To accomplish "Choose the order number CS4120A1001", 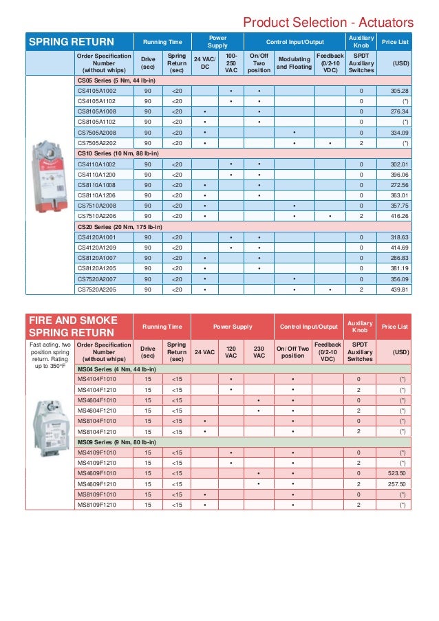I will tap(96, 237).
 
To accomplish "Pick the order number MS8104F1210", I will tap(96, 431).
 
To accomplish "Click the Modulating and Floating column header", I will tap(294, 63).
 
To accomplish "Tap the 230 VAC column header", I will tap(259, 352).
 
